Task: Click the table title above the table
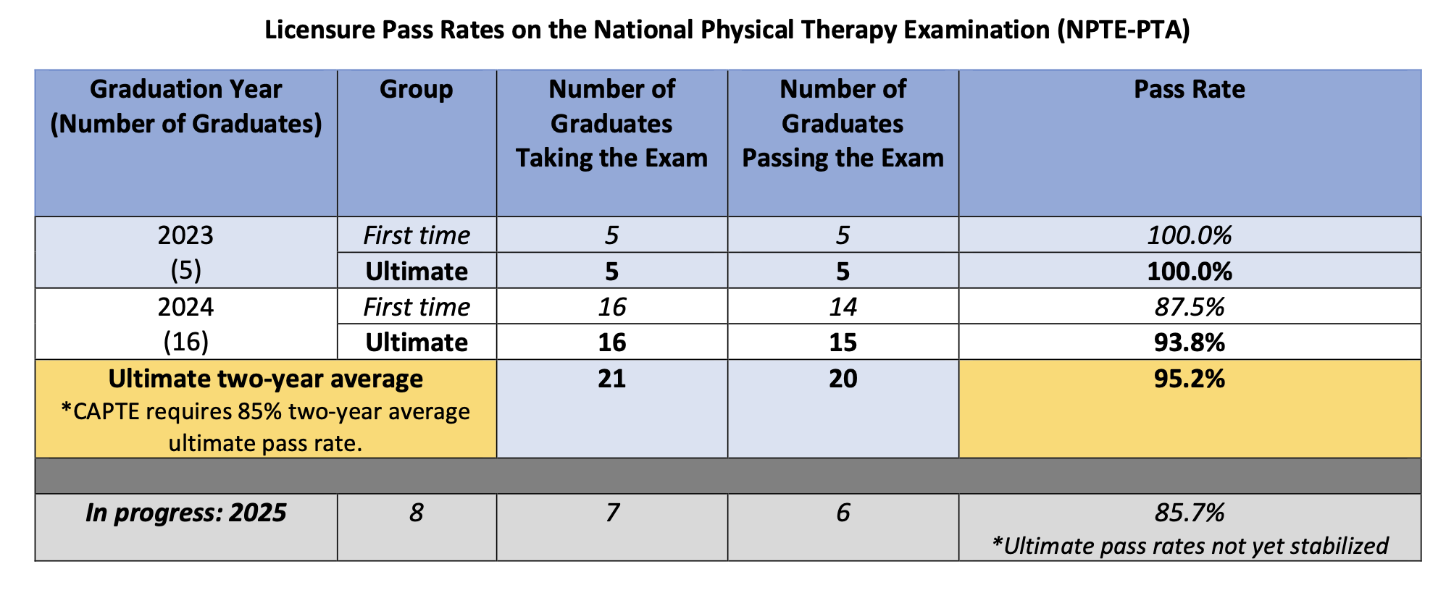pos(727,30)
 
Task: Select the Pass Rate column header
pos(1189,89)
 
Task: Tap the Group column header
pos(416,89)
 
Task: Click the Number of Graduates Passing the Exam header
pos(843,123)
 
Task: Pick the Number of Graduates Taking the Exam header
pos(611,123)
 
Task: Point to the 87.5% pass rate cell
pos(1189,306)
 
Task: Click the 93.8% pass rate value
pos(1189,342)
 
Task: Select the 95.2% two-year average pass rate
pos(1189,379)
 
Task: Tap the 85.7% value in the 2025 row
pos(1189,513)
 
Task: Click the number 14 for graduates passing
pos(843,306)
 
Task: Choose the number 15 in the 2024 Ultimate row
pos(843,342)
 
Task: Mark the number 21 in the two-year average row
pos(611,379)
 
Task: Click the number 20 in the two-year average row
pos(843,379)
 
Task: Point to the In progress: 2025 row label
pos(185,513)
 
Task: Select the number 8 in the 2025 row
pos(416,513)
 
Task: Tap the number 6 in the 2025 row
pos(843,513)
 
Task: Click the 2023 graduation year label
pos(185,235)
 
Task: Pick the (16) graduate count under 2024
pos(185,342)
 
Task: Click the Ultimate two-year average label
pos(265,379)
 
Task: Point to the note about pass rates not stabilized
pos(1189,545)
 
